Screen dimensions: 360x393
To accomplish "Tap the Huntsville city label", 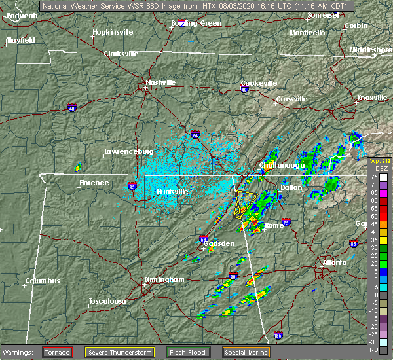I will coord(172,192).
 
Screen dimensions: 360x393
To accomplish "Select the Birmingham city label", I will coord(164,279).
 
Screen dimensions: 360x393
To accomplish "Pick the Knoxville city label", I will coord(371,98).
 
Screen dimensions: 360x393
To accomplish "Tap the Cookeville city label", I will coord(259,83).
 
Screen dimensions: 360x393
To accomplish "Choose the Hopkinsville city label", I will coord(113,31).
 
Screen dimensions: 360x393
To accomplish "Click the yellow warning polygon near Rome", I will coord(246,204).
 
